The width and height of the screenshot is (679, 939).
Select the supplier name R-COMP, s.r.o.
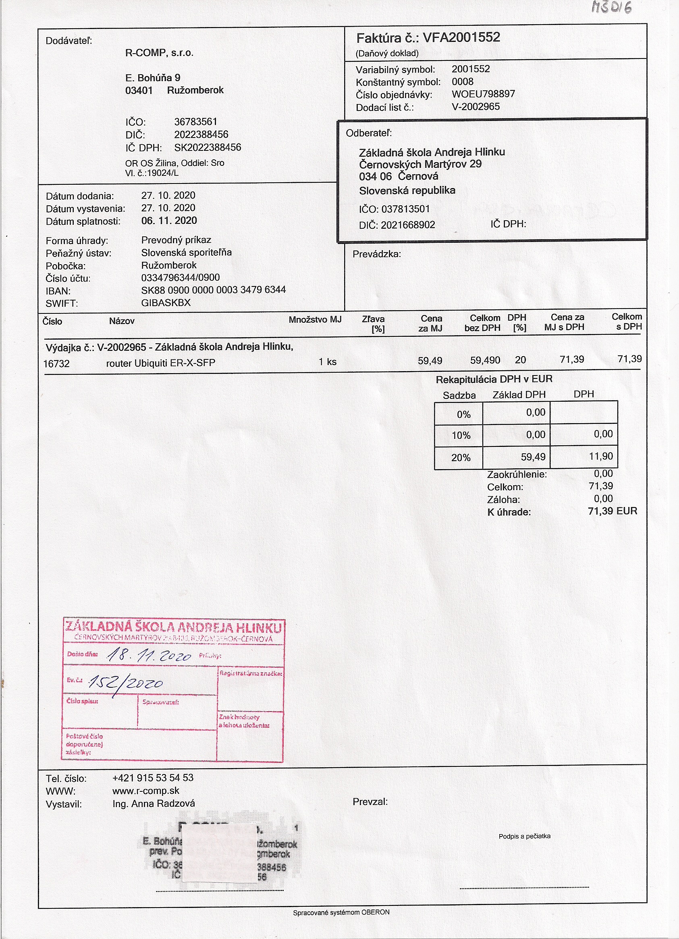click(159, 53)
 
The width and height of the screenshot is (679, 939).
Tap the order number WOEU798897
click(483, 94)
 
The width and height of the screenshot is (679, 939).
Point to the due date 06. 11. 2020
click(169, 221)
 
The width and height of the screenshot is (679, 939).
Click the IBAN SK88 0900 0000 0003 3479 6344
click(214, 290)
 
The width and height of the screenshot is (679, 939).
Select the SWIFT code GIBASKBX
click(166, 303)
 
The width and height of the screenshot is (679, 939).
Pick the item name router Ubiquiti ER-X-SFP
click(160, 363)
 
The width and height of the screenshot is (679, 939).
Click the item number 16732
click(56, 364)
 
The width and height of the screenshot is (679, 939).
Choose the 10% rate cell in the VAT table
click(461, 436)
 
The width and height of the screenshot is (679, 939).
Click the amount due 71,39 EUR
click(612, 511)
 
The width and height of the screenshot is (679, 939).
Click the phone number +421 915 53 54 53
click(153, 778)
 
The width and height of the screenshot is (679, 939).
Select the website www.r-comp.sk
click(145, 791)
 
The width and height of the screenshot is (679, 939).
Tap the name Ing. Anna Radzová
click(154, 804)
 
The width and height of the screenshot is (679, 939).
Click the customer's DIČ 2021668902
click(407, 225)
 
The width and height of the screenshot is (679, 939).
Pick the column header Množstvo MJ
click(315, 319)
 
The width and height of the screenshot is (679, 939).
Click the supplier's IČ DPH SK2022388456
click(208, 148)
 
